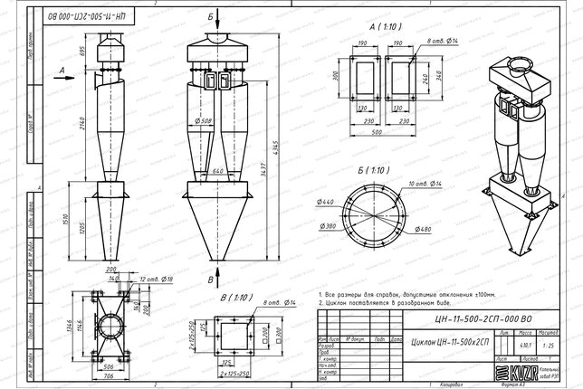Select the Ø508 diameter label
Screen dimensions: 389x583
click(205, 122)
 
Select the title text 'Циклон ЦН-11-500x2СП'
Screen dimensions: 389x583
click(450, 345)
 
